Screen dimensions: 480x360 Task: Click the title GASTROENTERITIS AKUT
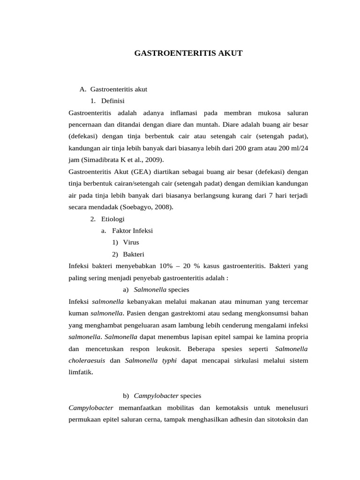pos(188,53)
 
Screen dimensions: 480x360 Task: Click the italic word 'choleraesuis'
pos(87,361)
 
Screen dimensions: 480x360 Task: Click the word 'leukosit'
pos(167,349)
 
